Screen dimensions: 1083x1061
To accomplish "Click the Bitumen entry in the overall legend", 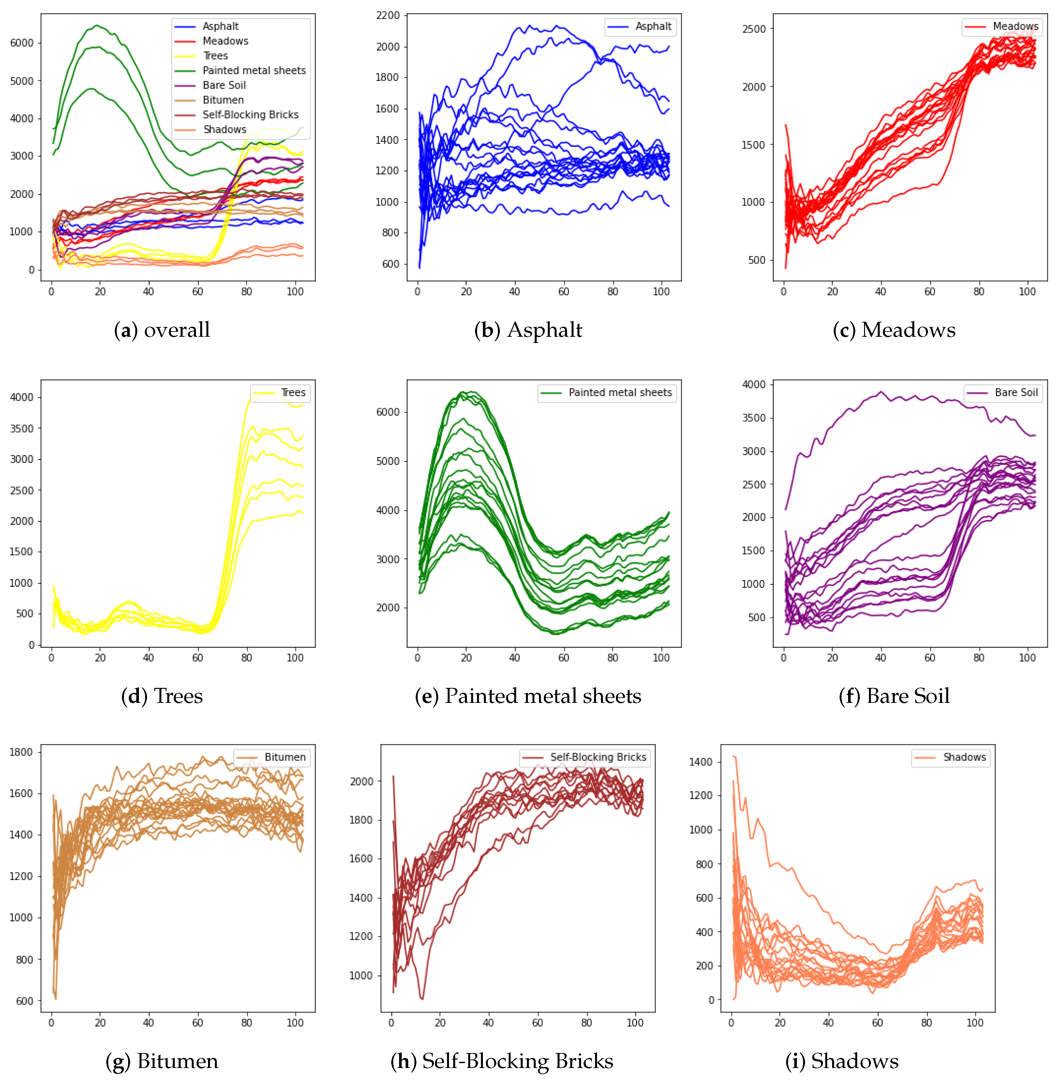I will pos(223,100).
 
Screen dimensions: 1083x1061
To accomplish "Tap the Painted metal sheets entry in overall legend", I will pos(254,70).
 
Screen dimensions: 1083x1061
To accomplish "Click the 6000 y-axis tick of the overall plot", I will pos(22,43).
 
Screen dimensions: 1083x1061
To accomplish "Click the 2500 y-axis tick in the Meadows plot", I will pos(754,29).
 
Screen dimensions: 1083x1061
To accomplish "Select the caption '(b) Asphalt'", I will pos(528,330).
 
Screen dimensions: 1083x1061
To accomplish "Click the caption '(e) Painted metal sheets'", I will pos(528,696).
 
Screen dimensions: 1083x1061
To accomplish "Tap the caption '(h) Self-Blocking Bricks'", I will pos(501,1061).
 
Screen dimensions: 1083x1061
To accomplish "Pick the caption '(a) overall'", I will pos(162,330).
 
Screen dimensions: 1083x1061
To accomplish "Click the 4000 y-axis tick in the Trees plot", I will pos(22,397).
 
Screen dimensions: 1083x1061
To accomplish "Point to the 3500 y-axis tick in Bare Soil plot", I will pos(754,418).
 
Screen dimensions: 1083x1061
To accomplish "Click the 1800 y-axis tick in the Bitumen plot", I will pos(21,752).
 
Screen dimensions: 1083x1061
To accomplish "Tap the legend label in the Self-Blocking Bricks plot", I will pos(598,757).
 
